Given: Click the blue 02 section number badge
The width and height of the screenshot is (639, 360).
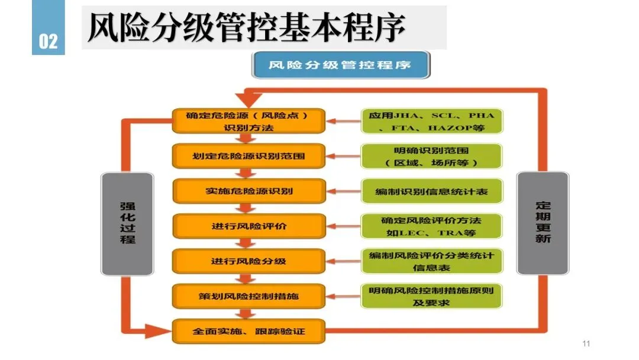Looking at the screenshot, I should (49, 41).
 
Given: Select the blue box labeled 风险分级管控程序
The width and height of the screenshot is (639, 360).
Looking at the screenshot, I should (341, 65).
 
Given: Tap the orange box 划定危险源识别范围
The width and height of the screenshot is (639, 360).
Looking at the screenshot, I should (249, 156).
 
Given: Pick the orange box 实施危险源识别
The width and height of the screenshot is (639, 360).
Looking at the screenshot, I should (249, 191).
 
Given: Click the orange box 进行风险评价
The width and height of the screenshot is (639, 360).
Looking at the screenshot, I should (249, 226).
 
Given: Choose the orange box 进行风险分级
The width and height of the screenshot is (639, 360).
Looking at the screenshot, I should (249, 261).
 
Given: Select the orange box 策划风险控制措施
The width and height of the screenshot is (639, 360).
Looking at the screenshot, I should (249, 296).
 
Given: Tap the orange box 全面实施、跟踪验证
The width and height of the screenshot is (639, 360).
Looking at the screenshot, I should (249, 331).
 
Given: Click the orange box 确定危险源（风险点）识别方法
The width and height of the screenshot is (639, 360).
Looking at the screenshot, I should (249, 121).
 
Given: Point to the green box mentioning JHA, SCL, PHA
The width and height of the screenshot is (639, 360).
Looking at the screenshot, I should (431, 121).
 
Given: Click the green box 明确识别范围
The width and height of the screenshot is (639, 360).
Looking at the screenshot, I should (431, 156).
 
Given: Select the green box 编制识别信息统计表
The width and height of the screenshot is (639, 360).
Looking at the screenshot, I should (431, 191).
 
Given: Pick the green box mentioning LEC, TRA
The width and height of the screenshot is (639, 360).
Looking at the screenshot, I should (431, 226).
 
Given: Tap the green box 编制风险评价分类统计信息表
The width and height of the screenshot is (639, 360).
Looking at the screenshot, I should (431, 261).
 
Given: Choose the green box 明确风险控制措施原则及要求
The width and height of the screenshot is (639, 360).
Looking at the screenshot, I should (431, 296).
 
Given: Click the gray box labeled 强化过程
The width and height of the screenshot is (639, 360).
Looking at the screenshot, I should (127, 223).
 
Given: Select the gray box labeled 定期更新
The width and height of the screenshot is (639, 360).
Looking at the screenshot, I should (543, 223).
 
